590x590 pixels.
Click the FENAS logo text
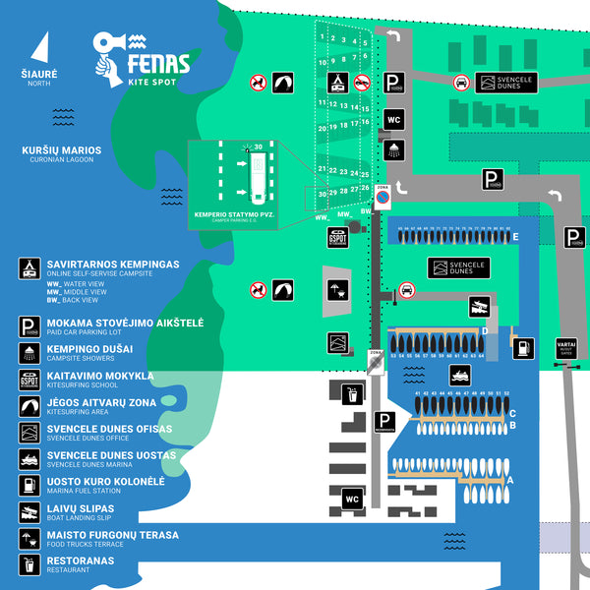(158, 67)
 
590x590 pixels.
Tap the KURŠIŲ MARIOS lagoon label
(62, 150)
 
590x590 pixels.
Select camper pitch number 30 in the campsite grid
(323, 195)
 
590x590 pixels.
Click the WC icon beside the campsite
(393, 120)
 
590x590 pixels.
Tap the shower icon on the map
(393, 150)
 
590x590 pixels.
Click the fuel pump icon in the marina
(523, 347)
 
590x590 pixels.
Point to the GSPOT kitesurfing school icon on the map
(338, 239)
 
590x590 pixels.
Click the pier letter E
(515, 237)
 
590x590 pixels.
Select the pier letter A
(508, 479)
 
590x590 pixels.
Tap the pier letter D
(485, 331)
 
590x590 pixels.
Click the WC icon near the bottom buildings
(352, 500)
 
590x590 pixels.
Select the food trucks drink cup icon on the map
(352, 395)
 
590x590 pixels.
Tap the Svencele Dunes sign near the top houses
(503, 84)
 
